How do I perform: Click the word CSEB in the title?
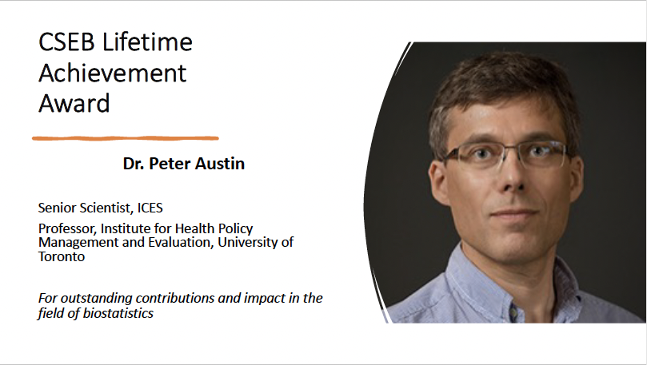pyautogui.click(x=66, y=42)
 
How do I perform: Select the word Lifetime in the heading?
pyautogui.click(x=147, y=42)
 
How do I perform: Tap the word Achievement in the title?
pyautogui.click(x=113, y=73)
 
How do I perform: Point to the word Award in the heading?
pyautogui.click(x=74, y=103)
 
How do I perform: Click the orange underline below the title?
pyautogui.click(x=126, y=138)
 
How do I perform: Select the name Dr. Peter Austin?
pyautogui.click(x=184, y=164)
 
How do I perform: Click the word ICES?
pyautogui.click(x=150, y=208)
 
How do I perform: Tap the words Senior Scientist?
pyautogui.click(x=86, y=208)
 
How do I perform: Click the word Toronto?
pyautogui.click(x=62, y=256)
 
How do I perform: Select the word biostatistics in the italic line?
pyautogui.click(x=118, y=313)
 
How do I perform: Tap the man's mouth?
pyautogui.click(x=514, y=213)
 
